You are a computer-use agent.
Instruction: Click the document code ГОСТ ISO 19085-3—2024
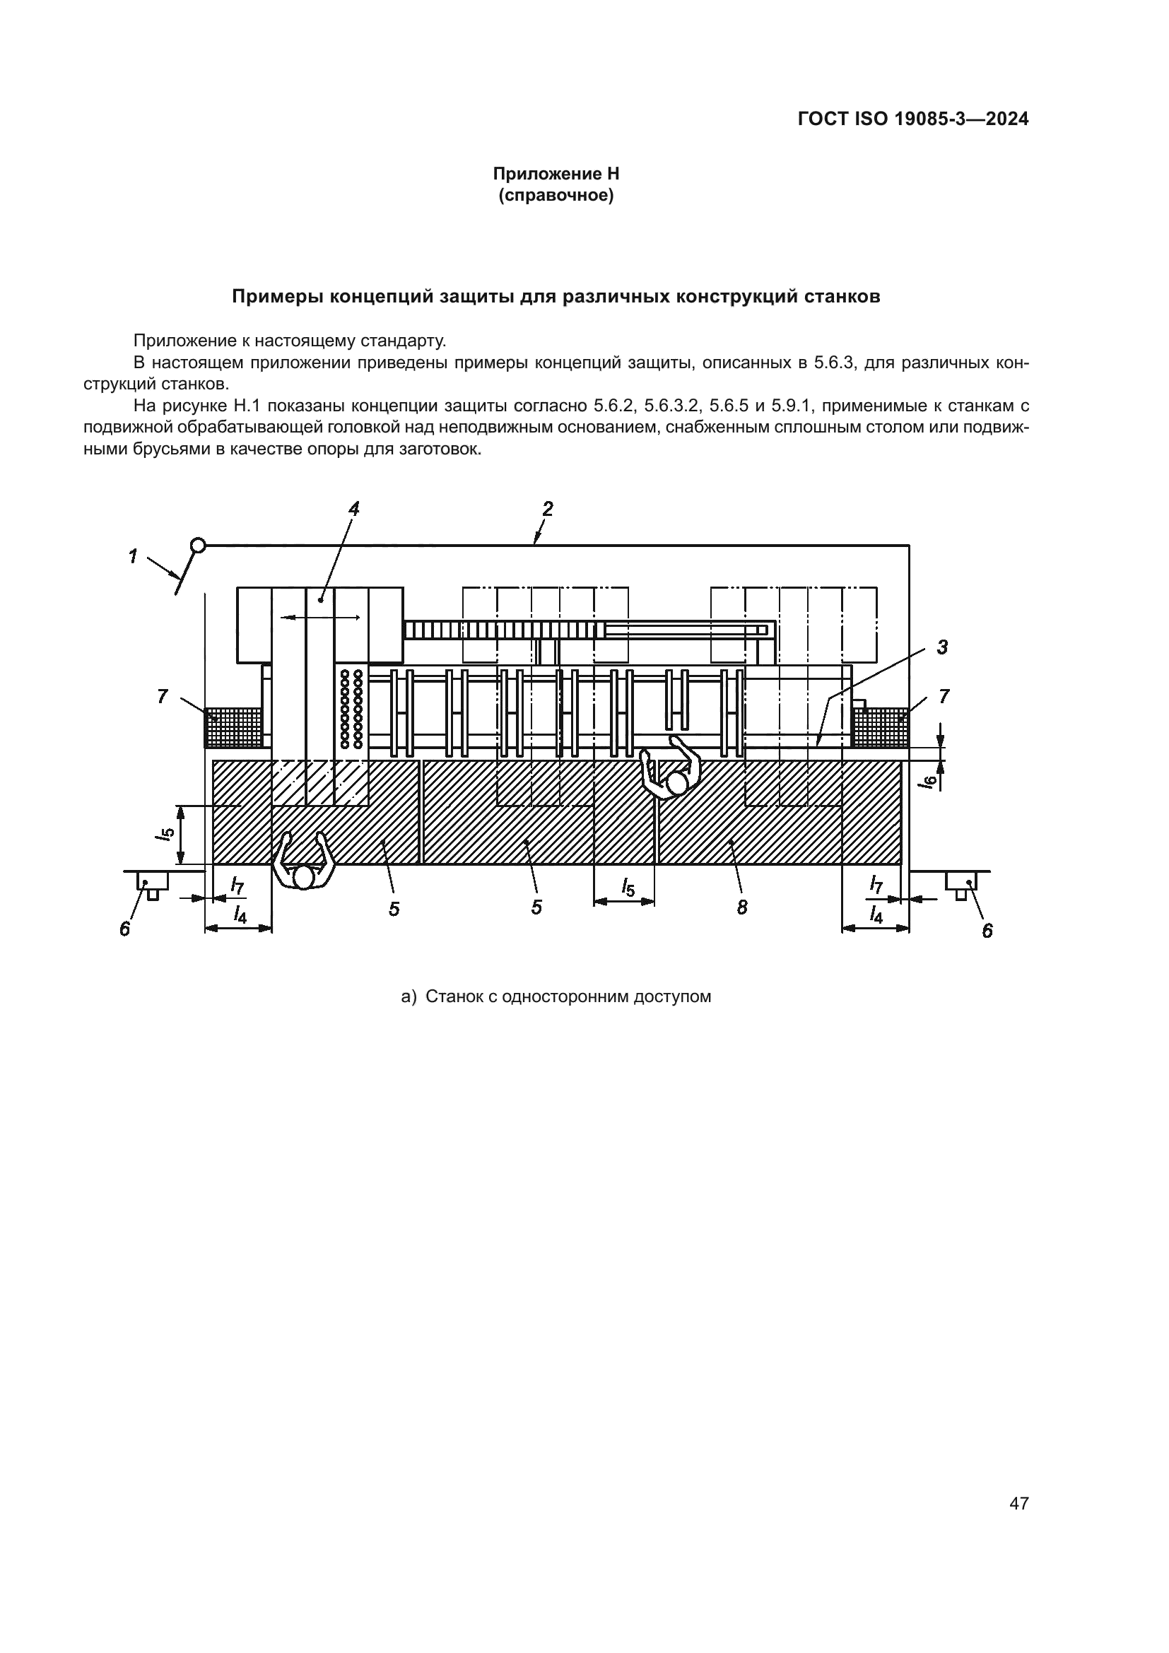coord(912,119)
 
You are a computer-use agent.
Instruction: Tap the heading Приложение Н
coord(556,174)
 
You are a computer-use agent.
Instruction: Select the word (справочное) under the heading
coord(556,195)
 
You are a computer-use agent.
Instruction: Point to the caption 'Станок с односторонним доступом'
coord(568,996)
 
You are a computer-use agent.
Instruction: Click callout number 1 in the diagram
coord(132,556)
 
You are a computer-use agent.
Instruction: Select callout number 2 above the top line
coord(548,509)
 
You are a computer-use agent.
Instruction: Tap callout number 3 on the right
coord(942,647)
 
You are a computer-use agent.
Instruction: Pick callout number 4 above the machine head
coord(353,509)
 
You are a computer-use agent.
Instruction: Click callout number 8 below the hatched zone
coord(742,908)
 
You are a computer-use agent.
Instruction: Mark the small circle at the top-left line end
coord(198,546)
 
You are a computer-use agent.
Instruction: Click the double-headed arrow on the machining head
coord(320,617)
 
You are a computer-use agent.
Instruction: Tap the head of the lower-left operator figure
coord(304,877)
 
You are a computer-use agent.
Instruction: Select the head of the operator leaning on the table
coord(676,783)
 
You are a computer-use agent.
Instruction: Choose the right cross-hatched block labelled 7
coord(880,728)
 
